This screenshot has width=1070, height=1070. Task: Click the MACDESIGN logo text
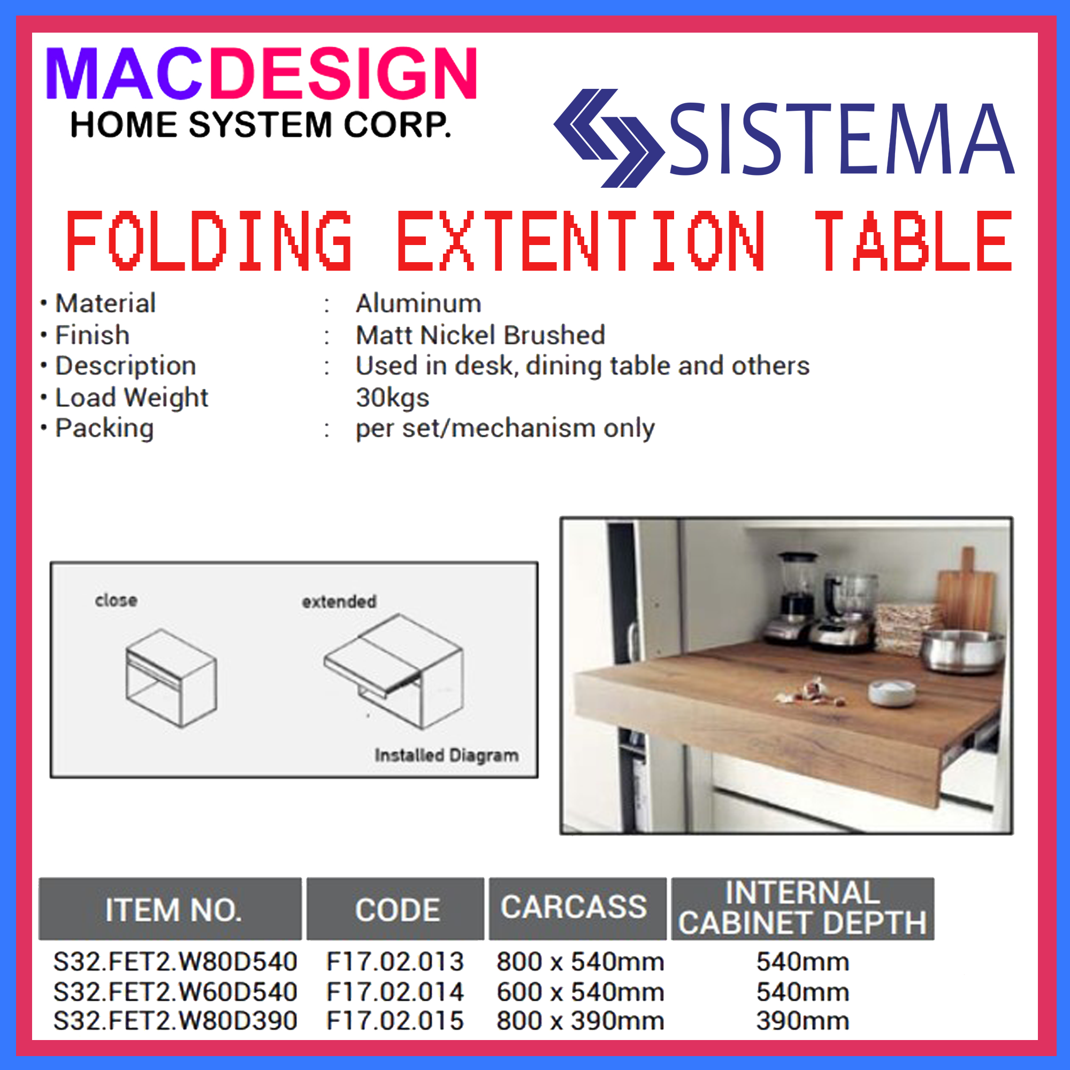261,74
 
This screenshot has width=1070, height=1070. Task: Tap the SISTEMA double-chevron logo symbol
608,138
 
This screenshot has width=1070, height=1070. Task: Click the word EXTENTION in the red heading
581,241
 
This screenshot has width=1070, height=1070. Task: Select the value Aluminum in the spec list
418,303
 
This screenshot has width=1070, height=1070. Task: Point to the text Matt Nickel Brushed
480,335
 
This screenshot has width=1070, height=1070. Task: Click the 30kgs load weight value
392,398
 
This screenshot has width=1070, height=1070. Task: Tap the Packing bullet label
104,428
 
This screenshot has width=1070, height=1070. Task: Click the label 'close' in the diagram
116,600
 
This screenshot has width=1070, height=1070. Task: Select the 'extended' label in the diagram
339,601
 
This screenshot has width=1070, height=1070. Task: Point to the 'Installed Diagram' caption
446,755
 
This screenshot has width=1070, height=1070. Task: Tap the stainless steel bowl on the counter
962,651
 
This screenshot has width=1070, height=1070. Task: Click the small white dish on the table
891,692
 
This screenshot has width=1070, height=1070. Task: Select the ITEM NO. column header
173,910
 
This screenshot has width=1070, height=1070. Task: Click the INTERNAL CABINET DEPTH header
802,908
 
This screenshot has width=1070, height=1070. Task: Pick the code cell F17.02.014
394,992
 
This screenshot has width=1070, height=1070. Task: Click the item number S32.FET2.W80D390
175,1021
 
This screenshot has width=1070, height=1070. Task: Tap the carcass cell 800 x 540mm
580,962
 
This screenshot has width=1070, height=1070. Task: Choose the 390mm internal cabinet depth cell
802,1021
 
